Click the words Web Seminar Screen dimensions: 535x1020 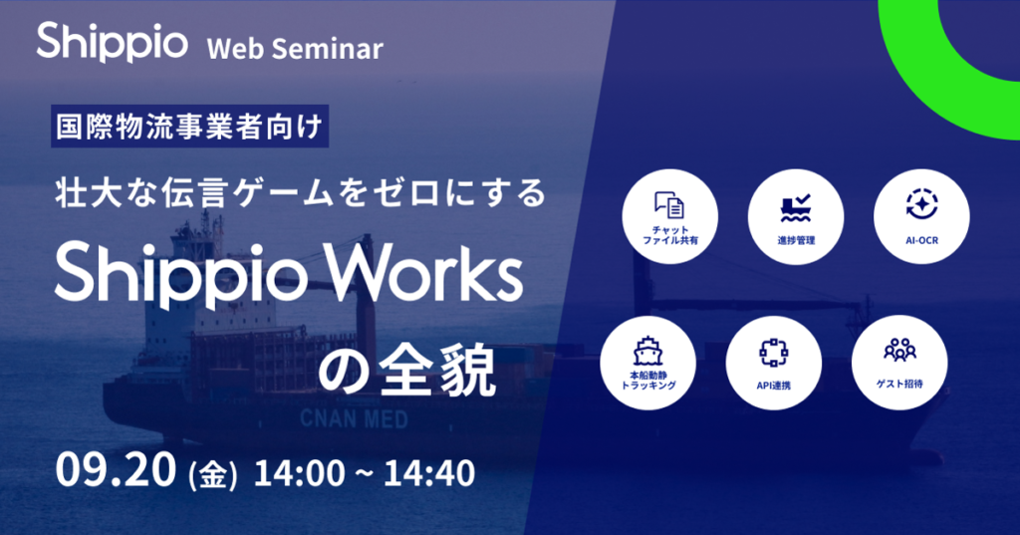pyautogui.click(x=294, y=49)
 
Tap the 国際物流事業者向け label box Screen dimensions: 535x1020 pyautogui.click(x=189, y=128)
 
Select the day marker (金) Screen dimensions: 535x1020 pyautogui.click(x=211, y=474)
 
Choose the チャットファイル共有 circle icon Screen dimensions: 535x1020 pyautogui.click(x=669, y=216)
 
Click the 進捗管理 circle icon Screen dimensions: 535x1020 pyautogui.click(x=796, y=216)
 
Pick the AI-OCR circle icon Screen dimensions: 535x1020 pyautogui.click(x=921, y=216)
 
